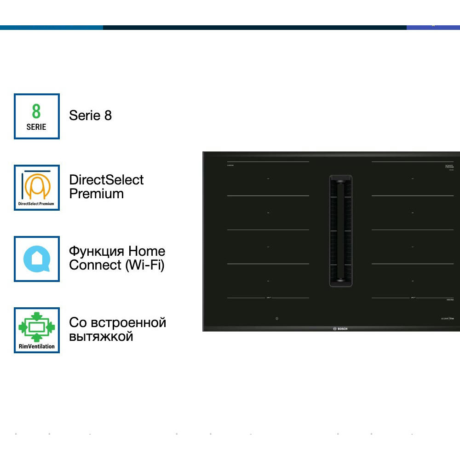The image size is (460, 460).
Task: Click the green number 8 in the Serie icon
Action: coord(36,111)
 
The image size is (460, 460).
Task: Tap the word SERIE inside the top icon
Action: coord(36,127)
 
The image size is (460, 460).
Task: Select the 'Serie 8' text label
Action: coord(90,115)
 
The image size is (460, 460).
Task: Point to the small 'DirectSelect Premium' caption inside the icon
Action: coord(36,203)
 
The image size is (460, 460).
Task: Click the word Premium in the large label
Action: coord(96,194)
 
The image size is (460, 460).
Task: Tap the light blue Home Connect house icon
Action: coord(36,259)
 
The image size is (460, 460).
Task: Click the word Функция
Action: coord(97,251)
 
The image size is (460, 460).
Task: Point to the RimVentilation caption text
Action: coord(36,346)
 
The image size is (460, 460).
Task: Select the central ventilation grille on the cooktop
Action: coord(340,231)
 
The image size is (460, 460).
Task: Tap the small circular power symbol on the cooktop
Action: coord(277,318)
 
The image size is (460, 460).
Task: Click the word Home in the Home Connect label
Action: coord(147,251)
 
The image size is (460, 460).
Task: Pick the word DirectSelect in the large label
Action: coord(106,180)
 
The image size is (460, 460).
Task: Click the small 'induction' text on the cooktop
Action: coord(450,300)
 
